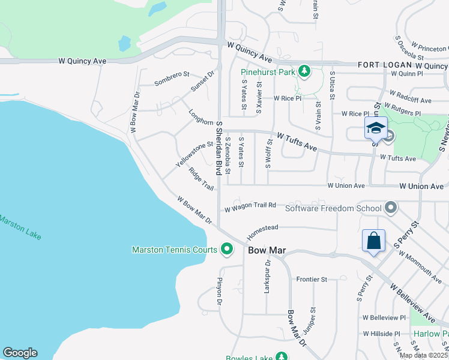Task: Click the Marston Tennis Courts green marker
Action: [227, 248]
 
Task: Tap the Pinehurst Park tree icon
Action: [304, 72]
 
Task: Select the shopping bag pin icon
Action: [373, 242]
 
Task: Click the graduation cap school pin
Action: [376, 128]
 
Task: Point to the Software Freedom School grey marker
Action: [391, 208]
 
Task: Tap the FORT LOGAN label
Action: [385, 65]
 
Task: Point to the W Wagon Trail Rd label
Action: [250, 207]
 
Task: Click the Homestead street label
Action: [264, 229]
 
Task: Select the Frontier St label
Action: [312, 280]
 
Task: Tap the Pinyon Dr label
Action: [219, 292]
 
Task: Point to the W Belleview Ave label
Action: [413, 304]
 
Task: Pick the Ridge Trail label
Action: [200, 179]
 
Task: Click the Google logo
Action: [20, 353]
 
